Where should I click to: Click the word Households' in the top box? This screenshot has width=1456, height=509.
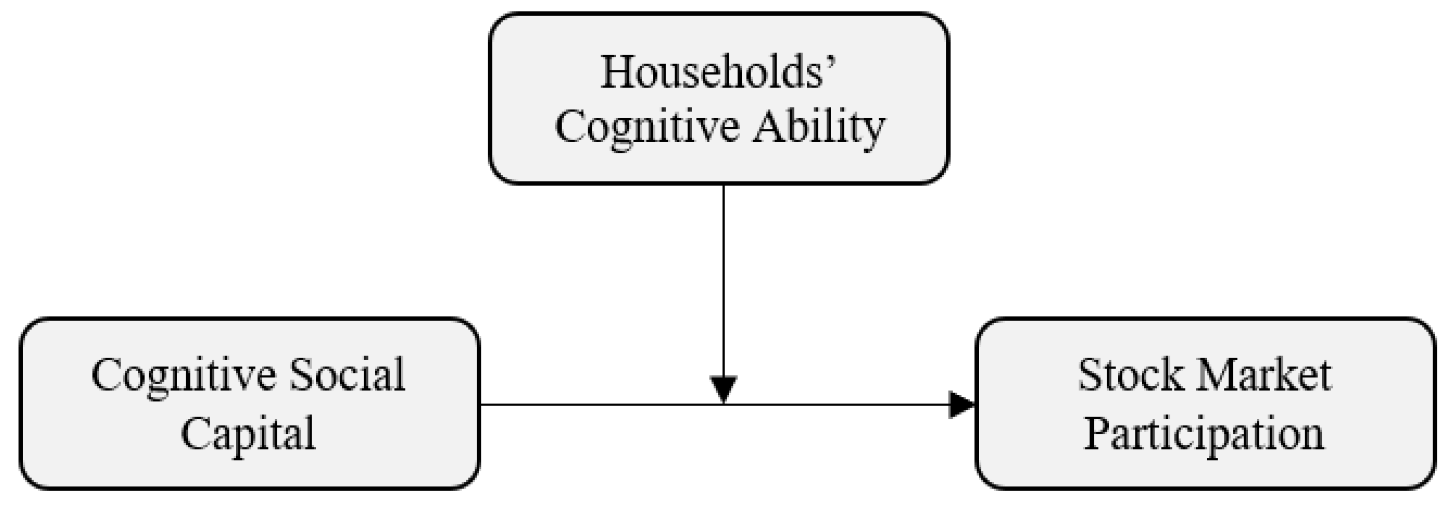coord(718,72)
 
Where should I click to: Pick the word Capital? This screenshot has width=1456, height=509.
coord(248,434)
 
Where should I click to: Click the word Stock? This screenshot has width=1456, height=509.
coord(1131,374)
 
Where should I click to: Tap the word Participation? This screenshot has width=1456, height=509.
coord(1204,434)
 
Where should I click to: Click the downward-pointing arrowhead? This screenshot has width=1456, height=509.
coord(724,389)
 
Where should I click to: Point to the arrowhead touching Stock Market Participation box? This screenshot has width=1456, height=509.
coord(962,405)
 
